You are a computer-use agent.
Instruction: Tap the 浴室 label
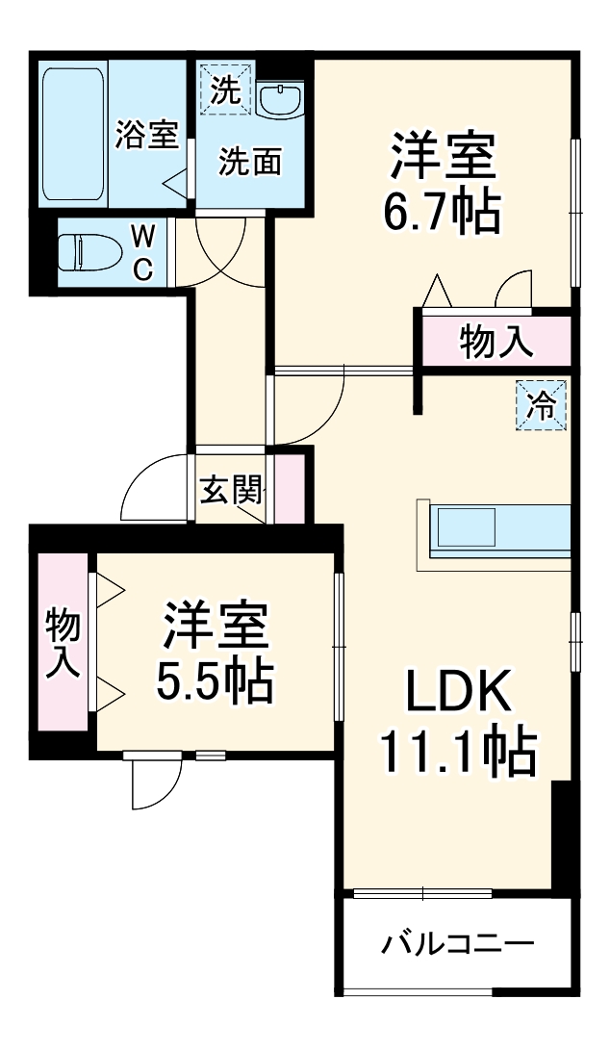146,136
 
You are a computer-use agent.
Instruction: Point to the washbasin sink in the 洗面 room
281,98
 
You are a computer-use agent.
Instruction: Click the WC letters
141,252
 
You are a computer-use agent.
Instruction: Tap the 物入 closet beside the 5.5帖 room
63,643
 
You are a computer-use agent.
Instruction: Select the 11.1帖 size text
457,753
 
